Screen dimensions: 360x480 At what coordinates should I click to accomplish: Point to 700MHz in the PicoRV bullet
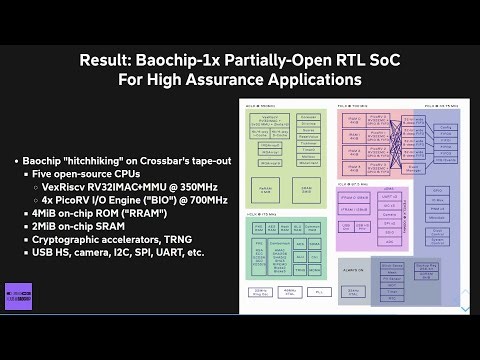[x=206, y=199]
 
